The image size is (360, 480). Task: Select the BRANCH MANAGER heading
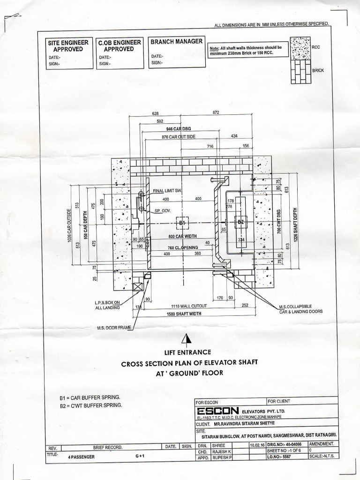pos(176,41)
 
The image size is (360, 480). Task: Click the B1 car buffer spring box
pos(182,223)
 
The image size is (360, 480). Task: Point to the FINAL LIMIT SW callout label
pos(167,191)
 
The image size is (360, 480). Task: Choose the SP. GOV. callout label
pos(164,211)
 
